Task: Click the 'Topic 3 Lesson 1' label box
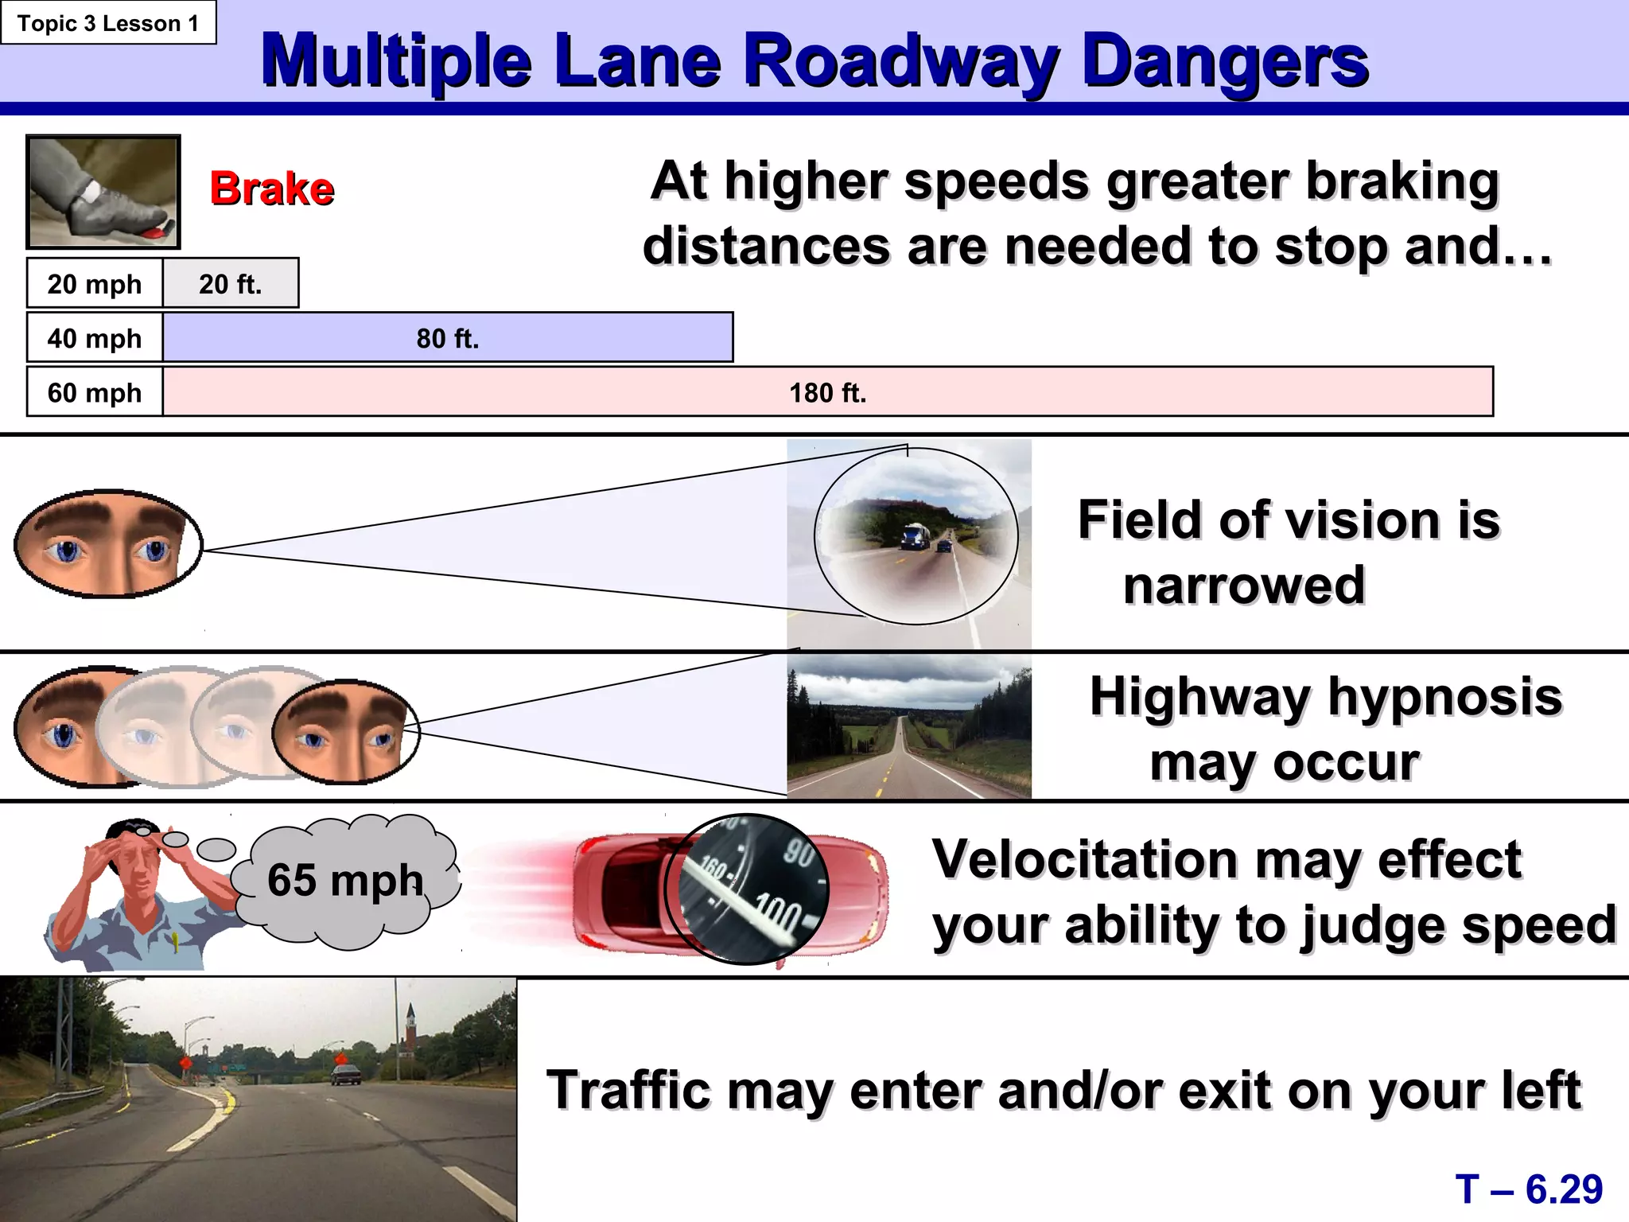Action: [x=108, y=23]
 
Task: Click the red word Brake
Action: [x=272, y=189]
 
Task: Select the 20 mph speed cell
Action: [x=95, y=283]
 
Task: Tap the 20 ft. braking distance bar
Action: [x=231, y=283]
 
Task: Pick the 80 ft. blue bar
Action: [x=448, y=338]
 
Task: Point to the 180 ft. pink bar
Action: [x=827, y=392]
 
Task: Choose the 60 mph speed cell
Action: [x=95, y=392]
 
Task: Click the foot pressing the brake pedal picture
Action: [x=103, y=192]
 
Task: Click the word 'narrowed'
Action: [x=1244, y=586]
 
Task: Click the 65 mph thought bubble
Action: [x=346, y=880]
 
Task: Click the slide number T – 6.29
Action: [x=1529, y=1189]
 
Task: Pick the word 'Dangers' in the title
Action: [x=1225, y=62]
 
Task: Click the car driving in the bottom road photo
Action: [x=345, y=1075]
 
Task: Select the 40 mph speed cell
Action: [x=95, y=338]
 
